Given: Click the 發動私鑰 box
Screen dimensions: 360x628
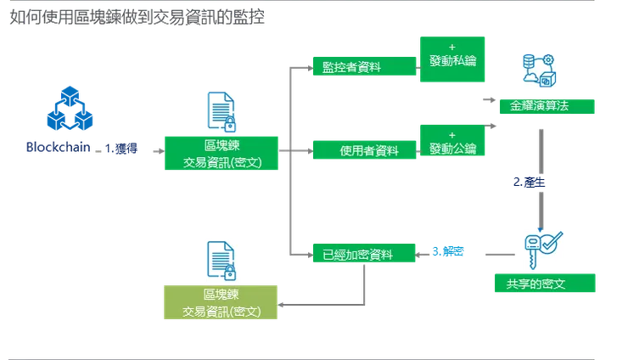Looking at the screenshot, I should (452, 59).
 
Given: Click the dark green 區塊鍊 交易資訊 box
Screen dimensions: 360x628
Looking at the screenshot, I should (221, 154).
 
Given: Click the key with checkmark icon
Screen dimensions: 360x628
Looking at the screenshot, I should (543, 247).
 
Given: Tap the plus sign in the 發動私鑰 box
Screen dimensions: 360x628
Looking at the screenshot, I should (451, 47).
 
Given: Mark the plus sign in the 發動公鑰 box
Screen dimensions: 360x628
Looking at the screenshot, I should (451, 134).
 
